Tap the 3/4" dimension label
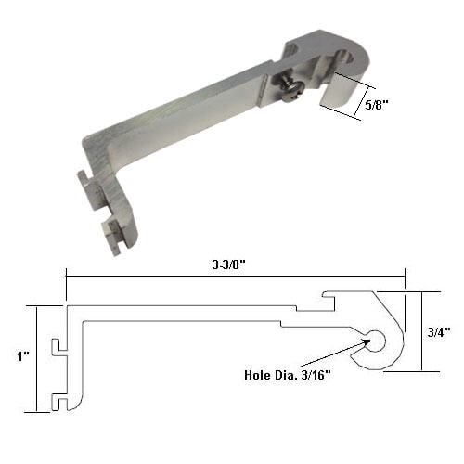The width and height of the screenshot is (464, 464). coord(441,330)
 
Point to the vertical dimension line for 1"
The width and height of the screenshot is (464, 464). coord(37,358)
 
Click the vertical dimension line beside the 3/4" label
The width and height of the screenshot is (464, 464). coord(422,331)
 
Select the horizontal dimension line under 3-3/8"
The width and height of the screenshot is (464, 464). coord(236,274)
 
